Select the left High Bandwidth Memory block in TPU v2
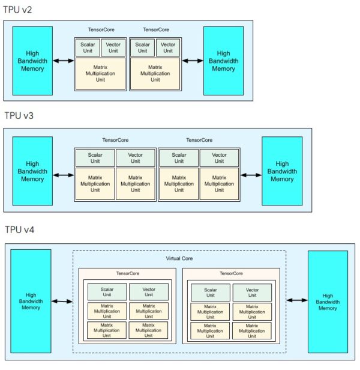pyautogui.click(x=32, y=61)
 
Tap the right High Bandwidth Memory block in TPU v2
pyautogui.click(x=223, y=61)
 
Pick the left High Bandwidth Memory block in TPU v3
pyautogui.click(x=32, y=171)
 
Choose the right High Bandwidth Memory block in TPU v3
pyautogui.click(x=281, y=171)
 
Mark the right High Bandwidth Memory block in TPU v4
pyautogui.click(x=327, y=302)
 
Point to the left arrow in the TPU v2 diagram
pyautogui.click(x=63, y=61)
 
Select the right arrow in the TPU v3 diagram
pyautogui.click(x=251, y=175)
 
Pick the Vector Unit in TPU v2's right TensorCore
pyautogui.click(x=168, y=47)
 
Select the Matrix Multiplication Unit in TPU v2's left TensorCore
pyautogui.click(x=100, y=73)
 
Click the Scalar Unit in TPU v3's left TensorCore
pyautogui.click(x=95, y=157)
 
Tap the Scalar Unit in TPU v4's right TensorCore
pyautogui.click(x=211, y=292)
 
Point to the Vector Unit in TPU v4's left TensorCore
pyautogui.click(x=149, y=292)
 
